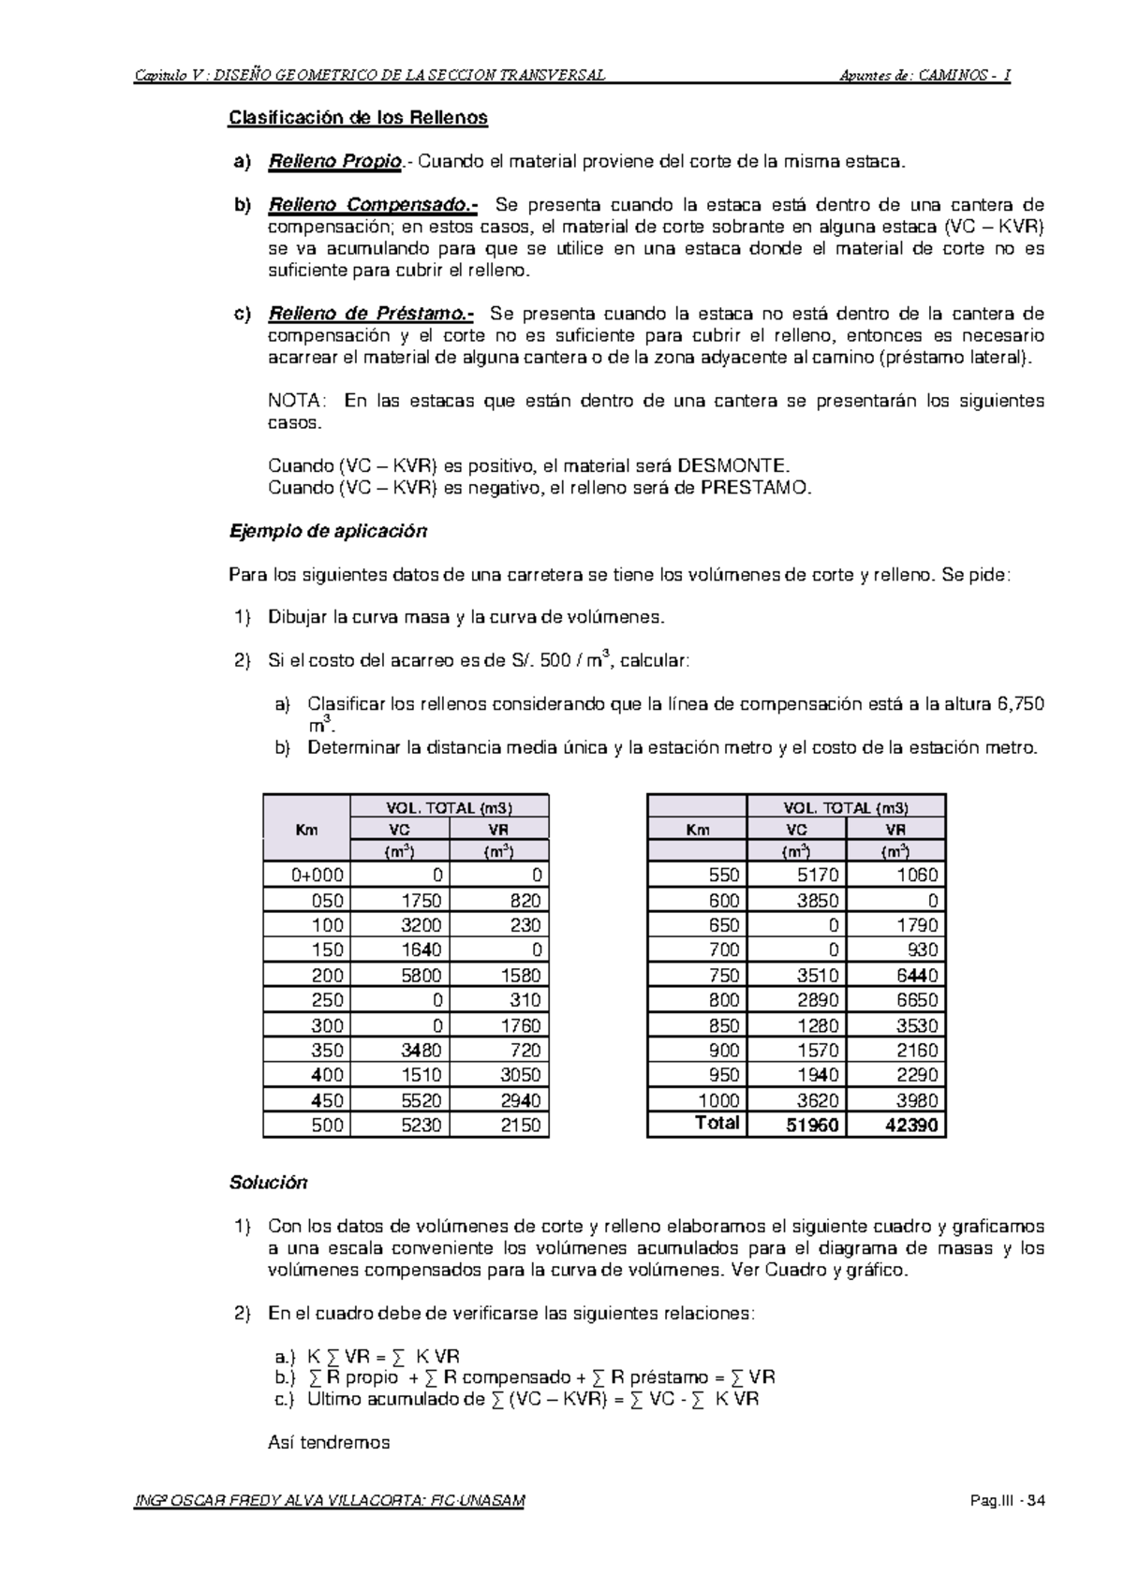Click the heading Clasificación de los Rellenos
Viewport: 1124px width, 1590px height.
tap(359, 118)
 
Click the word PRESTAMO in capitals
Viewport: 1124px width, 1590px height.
tap(753, 487)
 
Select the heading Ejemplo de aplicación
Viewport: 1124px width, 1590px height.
tap(328, 531)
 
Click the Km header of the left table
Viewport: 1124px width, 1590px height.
tap(306, 830)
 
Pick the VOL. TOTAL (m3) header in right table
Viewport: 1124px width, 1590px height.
tap(846, 807)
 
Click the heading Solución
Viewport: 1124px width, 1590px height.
tap(268, 1183)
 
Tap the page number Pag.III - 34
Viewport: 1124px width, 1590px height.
tap(1009, 1501)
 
